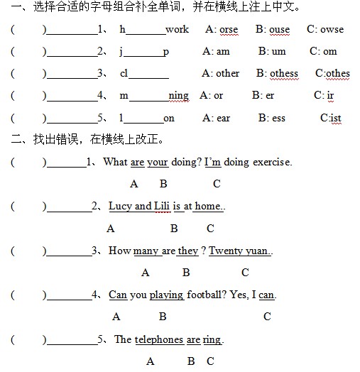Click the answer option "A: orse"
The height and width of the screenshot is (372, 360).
pos(222,29)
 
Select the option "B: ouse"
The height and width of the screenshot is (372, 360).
pos(273,29)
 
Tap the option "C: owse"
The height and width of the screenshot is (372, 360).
pos(325,29)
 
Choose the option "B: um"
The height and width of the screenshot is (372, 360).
pos(272,51)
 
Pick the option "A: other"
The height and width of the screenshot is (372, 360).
pos(220,73)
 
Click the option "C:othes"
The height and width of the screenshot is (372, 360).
pos(332,73)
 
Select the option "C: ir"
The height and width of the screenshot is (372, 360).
pos(324,95)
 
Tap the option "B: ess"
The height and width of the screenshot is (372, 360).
pos(272,118)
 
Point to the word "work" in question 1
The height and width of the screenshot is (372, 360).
pos(177,29)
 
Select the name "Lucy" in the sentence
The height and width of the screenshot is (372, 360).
pos(120,206)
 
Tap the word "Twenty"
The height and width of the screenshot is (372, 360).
pos(226,251)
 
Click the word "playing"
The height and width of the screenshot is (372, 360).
pos(166,295)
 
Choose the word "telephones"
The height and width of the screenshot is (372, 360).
pos(158,339)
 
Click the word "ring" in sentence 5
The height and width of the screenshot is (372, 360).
pos(212,339)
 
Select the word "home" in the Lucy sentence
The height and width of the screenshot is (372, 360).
pos(208,206)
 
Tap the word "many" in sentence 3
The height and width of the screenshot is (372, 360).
pos(146,251)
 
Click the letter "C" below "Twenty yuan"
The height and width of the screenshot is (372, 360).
pos(245,273)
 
